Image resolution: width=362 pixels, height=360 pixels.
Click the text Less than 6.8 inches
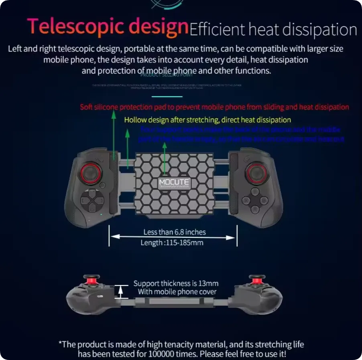[x=174, y=232]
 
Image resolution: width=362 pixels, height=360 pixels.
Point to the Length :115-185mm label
[x=172, y=243]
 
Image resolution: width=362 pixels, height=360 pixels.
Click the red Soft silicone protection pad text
[x=214, y=107]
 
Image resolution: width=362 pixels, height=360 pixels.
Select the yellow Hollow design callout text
[x=207, y=119]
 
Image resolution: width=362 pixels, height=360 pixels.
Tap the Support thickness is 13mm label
[x=176, y=283]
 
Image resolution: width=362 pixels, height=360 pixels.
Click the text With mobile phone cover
[x=177, y=292]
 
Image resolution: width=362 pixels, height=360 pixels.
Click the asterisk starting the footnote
[x=60, y=344]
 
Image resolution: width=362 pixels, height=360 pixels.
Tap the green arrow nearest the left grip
[x=114, y=136]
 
